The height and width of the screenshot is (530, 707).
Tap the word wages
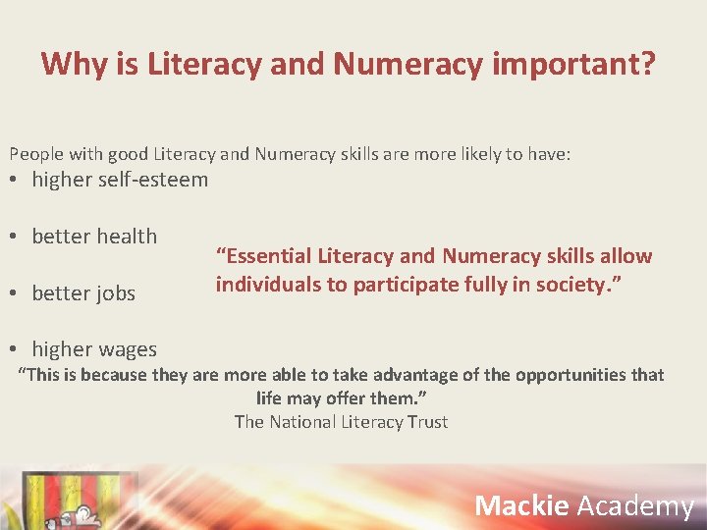point(127,349)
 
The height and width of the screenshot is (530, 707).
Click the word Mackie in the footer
point(521,505)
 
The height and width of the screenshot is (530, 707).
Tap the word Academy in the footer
point(635,505)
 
